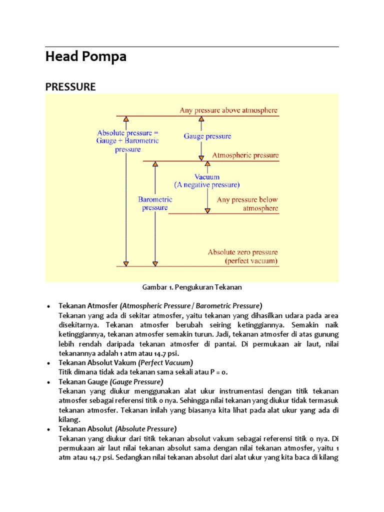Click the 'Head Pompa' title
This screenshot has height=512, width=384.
pos(85,57)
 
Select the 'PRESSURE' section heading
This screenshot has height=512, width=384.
pos(70,86)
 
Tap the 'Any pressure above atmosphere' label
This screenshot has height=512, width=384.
pos(228,110)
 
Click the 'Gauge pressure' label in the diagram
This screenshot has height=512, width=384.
pos(207,136)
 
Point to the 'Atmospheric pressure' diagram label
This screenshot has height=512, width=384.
pos(245,155)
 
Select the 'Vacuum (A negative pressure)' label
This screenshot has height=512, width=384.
pos(207,181)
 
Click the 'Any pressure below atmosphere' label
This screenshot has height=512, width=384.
pos(247,204)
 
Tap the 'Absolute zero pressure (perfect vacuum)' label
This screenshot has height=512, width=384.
pos(243,256)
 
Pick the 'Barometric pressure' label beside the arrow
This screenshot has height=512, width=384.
pos(155,203)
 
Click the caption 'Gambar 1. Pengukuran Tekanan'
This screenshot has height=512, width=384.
pos(192,287)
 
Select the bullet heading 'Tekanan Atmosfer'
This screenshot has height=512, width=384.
pos(88,305)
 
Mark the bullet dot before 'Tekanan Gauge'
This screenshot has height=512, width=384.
pos(48,382)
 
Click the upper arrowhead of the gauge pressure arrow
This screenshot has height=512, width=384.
pos(201,119)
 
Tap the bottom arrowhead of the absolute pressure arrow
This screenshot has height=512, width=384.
pos(126,263)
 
